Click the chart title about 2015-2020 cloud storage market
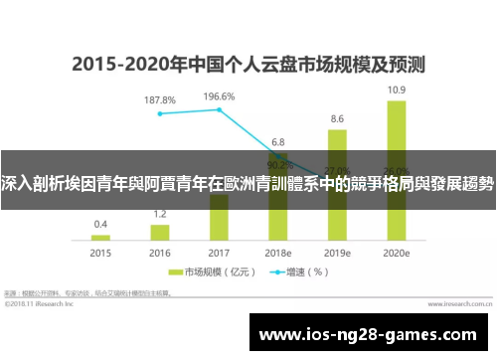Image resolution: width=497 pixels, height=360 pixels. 248,66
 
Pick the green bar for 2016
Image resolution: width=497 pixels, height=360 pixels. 159,233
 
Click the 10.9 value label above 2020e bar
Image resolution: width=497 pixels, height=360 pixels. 396,90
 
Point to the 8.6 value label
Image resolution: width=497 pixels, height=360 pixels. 337,118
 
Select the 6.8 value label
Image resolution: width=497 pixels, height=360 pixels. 278,141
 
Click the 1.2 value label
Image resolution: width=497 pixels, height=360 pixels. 159,215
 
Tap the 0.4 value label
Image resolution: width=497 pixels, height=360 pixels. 100,225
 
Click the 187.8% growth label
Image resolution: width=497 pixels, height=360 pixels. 159,100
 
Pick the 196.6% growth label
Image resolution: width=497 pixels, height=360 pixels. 219,96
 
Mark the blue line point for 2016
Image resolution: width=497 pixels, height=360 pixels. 159,113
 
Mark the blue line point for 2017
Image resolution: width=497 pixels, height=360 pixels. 219,109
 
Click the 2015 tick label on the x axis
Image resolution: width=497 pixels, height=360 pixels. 100,255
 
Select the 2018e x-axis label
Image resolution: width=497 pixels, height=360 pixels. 278,255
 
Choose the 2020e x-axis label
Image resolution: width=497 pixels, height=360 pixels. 396,255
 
